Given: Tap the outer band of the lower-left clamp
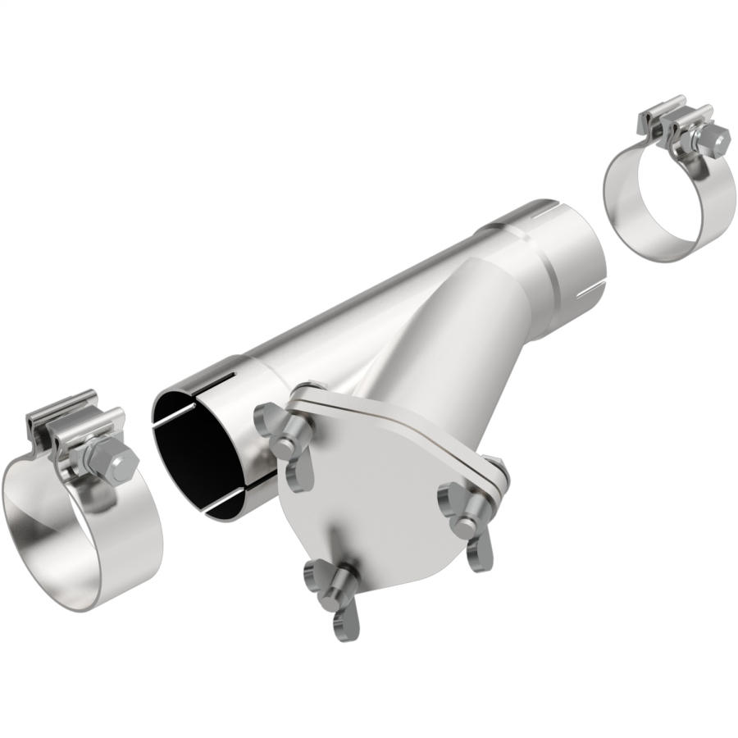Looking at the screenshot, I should [123, 558].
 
